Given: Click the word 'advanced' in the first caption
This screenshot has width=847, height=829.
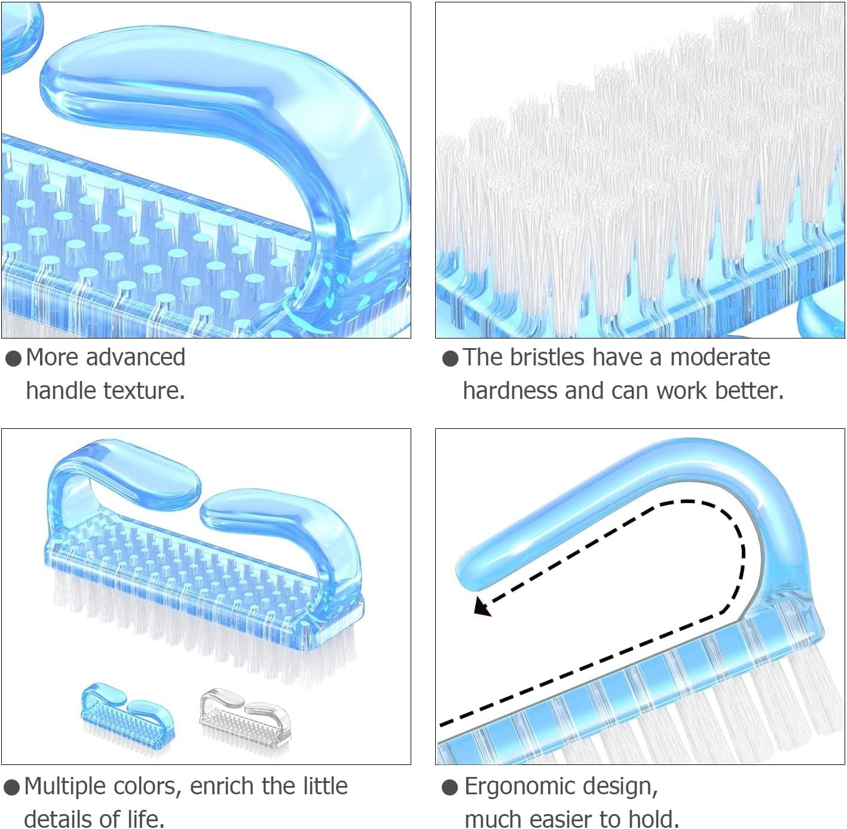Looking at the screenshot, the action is [x=135, y=357].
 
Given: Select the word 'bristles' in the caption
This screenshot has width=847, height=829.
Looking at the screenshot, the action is [x=547, y=357].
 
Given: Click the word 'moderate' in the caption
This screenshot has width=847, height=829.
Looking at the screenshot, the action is [x=720, y=357].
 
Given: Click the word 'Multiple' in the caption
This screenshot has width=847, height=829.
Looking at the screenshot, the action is [x=65, y=787].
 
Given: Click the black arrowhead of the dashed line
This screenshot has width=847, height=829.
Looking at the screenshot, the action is [x=482, y=606].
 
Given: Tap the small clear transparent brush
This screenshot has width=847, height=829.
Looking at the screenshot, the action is [x=245, y=722].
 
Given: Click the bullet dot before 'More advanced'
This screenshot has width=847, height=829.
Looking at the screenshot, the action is [x=14, y=358].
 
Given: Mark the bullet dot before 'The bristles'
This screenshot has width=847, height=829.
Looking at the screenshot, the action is [x=450, y=358].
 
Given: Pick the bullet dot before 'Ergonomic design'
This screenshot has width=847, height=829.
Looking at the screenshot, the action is [x=450, y=788].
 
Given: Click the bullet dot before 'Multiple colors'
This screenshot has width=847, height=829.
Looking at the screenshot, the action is [x=12, y=788].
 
